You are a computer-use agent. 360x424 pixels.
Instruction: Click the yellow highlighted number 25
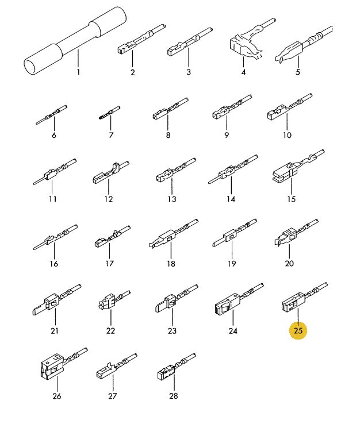tap(298, 330)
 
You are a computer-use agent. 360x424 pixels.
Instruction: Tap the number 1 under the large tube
tap(78, 72)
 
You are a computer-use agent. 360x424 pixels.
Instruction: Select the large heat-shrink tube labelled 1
tap(75, 41)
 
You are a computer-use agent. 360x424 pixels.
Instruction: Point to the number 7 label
tap(111, 135)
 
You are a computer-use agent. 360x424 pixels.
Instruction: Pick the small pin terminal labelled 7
tap(109, 113)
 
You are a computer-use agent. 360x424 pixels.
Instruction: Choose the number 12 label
tap(108, 199)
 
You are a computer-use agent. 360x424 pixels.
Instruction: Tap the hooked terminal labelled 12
tap(111, 172)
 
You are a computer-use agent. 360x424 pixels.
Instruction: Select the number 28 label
tap(174, 396)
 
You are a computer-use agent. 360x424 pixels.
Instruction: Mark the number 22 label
tap(110, 331)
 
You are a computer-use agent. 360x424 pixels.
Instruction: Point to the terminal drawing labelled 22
tap(114, 299)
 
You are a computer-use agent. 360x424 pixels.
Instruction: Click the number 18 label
tap(171, 263)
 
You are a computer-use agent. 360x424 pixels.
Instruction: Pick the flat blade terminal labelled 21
tap(56, 299)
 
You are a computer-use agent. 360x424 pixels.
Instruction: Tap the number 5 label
tap(298, 72)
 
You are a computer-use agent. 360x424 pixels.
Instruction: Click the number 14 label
tap(231, 199)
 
